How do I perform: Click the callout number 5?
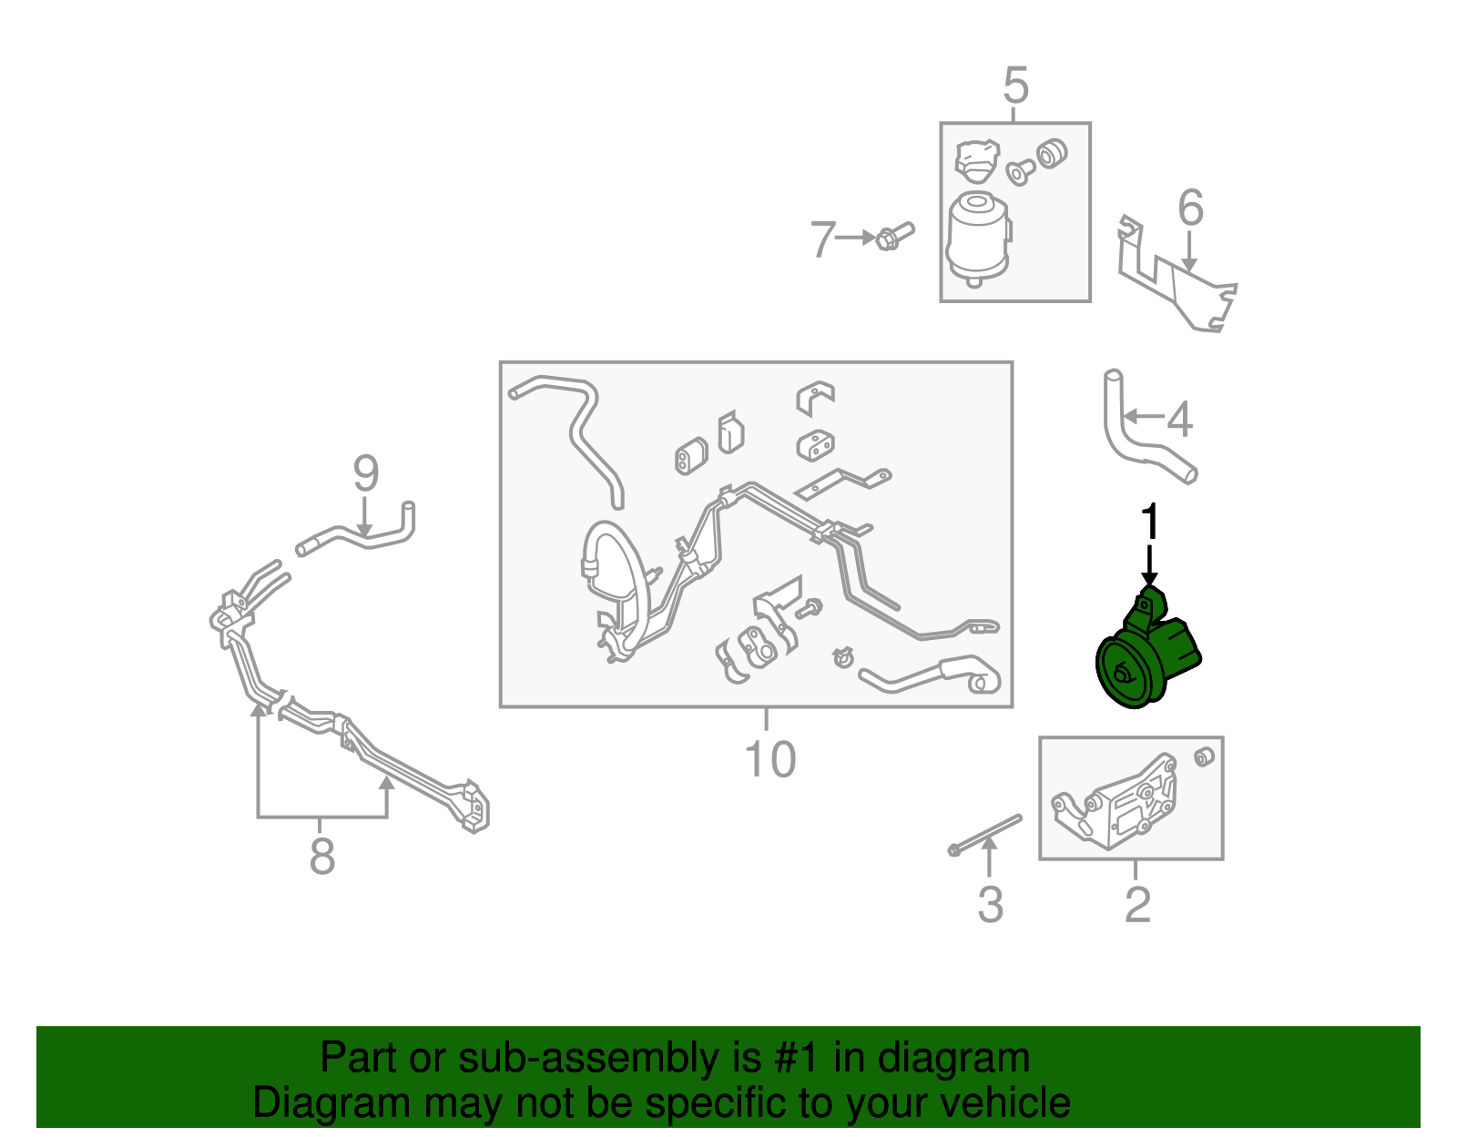pos(1015,85)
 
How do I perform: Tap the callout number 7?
pos(822,239)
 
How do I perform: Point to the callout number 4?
pos(1179,419)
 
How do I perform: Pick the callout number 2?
pos(1137,905)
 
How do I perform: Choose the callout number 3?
pos(991,905)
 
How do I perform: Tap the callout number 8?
pos(321,856)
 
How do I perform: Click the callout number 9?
pos(366,473)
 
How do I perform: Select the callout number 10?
pos(769,759)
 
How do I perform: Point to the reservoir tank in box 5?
pos(978,239)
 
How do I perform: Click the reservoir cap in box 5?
pos(977,161)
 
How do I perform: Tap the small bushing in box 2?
pos(1204,757)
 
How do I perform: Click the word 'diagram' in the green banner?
pos(953,1058)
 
